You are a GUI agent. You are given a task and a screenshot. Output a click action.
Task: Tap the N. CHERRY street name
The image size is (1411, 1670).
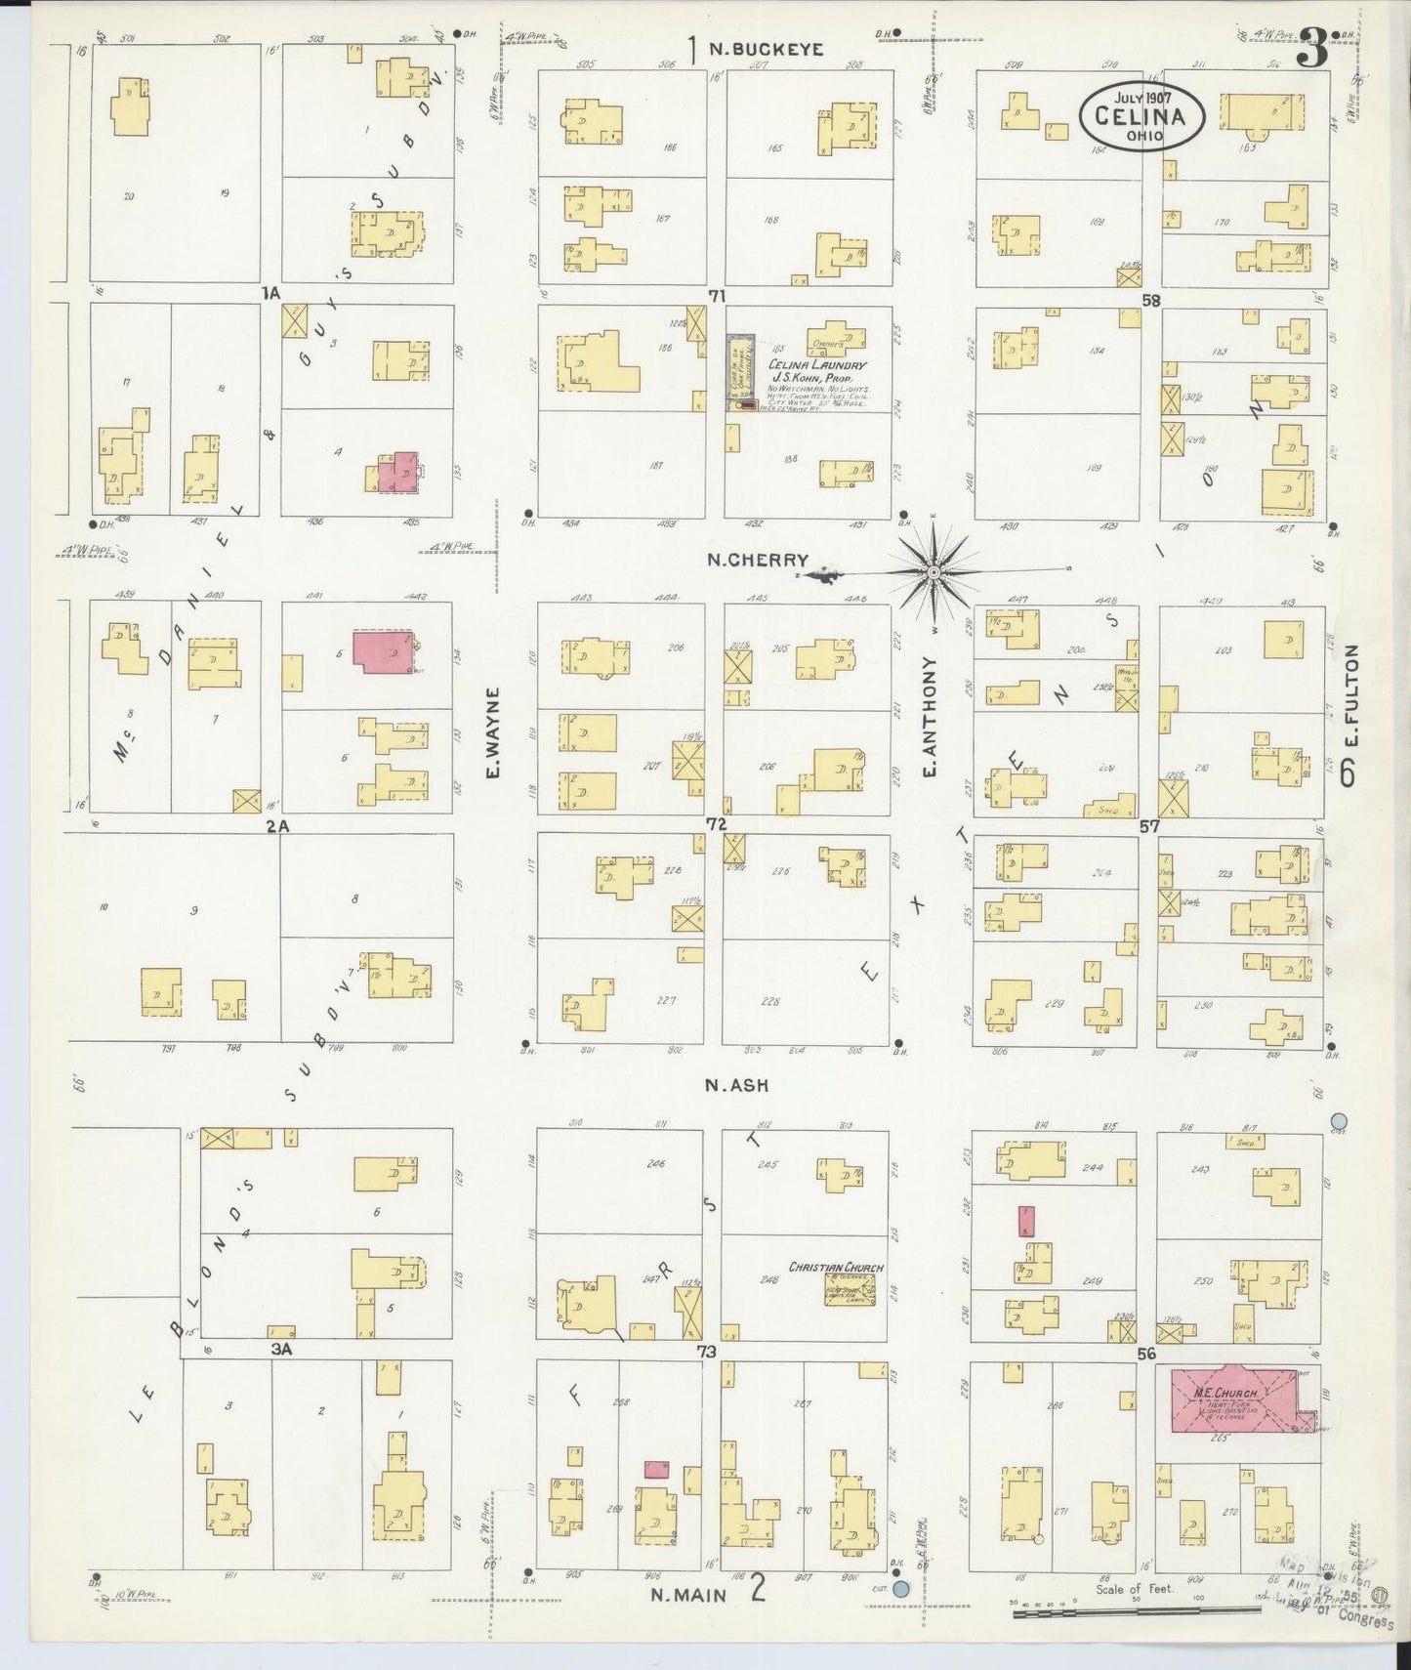pyautogui.click(x=758, y=560)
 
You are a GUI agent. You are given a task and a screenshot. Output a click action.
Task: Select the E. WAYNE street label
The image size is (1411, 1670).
pyautogui.click(x=493, y=732)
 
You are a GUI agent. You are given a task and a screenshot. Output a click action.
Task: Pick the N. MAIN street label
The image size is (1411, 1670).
pyautogui.click(x=689, y=1594)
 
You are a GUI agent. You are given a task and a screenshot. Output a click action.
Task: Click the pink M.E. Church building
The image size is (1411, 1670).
pyautogui.click(x=1238, y=1398)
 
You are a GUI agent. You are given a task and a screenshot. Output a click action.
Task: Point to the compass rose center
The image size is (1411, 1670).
pyautogui.click(x=934, y=571)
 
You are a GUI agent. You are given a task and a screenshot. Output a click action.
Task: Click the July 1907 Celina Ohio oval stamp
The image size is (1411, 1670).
pyautogui.click(x=1141, y=115)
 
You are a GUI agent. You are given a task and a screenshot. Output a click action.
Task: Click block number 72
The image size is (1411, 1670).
pyautogui.click(x=717, y=824)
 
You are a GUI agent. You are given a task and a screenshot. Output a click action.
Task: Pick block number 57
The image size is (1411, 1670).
pyautogui.click(x=1148, y=826)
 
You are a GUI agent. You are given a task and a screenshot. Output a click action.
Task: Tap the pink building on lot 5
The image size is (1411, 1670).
pyautogui.click(x=382, y=651)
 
